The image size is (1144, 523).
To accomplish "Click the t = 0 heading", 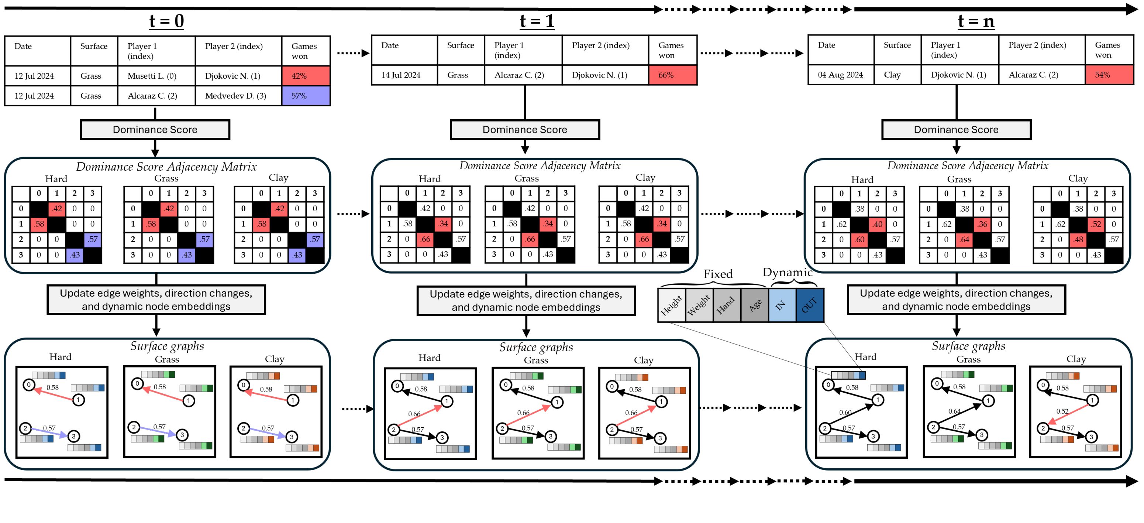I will coord(166,21).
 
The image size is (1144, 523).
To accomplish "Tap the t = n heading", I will coord(976,21).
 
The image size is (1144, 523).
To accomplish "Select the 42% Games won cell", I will coord(306,76).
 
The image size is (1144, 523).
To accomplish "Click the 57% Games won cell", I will coord(306,96).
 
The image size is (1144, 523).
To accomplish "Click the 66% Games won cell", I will coord(672,75).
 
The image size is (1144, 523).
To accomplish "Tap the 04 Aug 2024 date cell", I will coord(840,75).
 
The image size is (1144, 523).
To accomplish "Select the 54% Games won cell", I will coord(1109,75).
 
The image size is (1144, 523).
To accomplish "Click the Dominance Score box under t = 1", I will coord(524,130).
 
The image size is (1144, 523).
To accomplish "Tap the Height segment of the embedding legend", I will coord(671,305).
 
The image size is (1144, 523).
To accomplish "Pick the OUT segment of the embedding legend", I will coord(810,305).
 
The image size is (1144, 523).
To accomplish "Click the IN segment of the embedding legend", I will coord(782,305).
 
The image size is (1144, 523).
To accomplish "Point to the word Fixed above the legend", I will coord(718,274).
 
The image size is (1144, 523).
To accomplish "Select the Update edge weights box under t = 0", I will coord(156,300).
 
